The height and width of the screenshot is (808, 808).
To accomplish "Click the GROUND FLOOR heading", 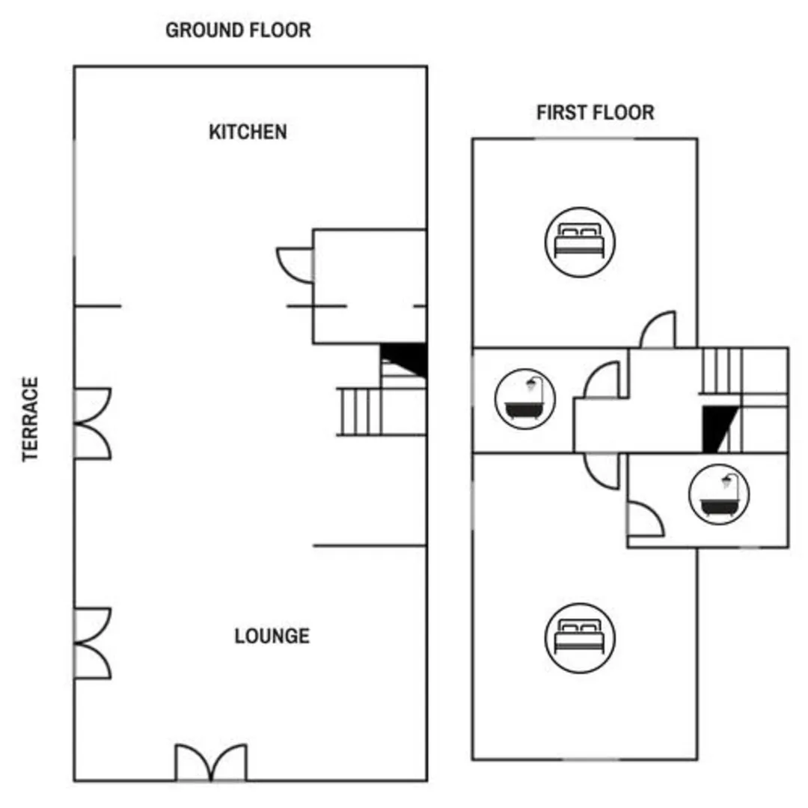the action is coord(238,31).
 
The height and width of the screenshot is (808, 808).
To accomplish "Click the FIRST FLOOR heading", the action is coord(596,112).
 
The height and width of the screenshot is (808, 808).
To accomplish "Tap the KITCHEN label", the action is coord(248,132).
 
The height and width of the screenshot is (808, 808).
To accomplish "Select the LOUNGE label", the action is coord(272,636).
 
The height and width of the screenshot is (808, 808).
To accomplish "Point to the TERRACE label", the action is coord(31,420).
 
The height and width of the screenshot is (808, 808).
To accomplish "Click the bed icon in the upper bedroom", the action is coord(580,242).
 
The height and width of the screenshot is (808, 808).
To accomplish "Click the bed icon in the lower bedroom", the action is coord(580,638).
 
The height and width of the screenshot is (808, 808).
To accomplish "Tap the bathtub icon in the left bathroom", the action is coord(524,399).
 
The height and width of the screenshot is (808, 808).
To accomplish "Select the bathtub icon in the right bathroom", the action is coord(719,495).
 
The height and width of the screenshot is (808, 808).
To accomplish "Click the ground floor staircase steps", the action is coord(359,411).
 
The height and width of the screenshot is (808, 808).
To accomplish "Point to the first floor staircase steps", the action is coord(721,371).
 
